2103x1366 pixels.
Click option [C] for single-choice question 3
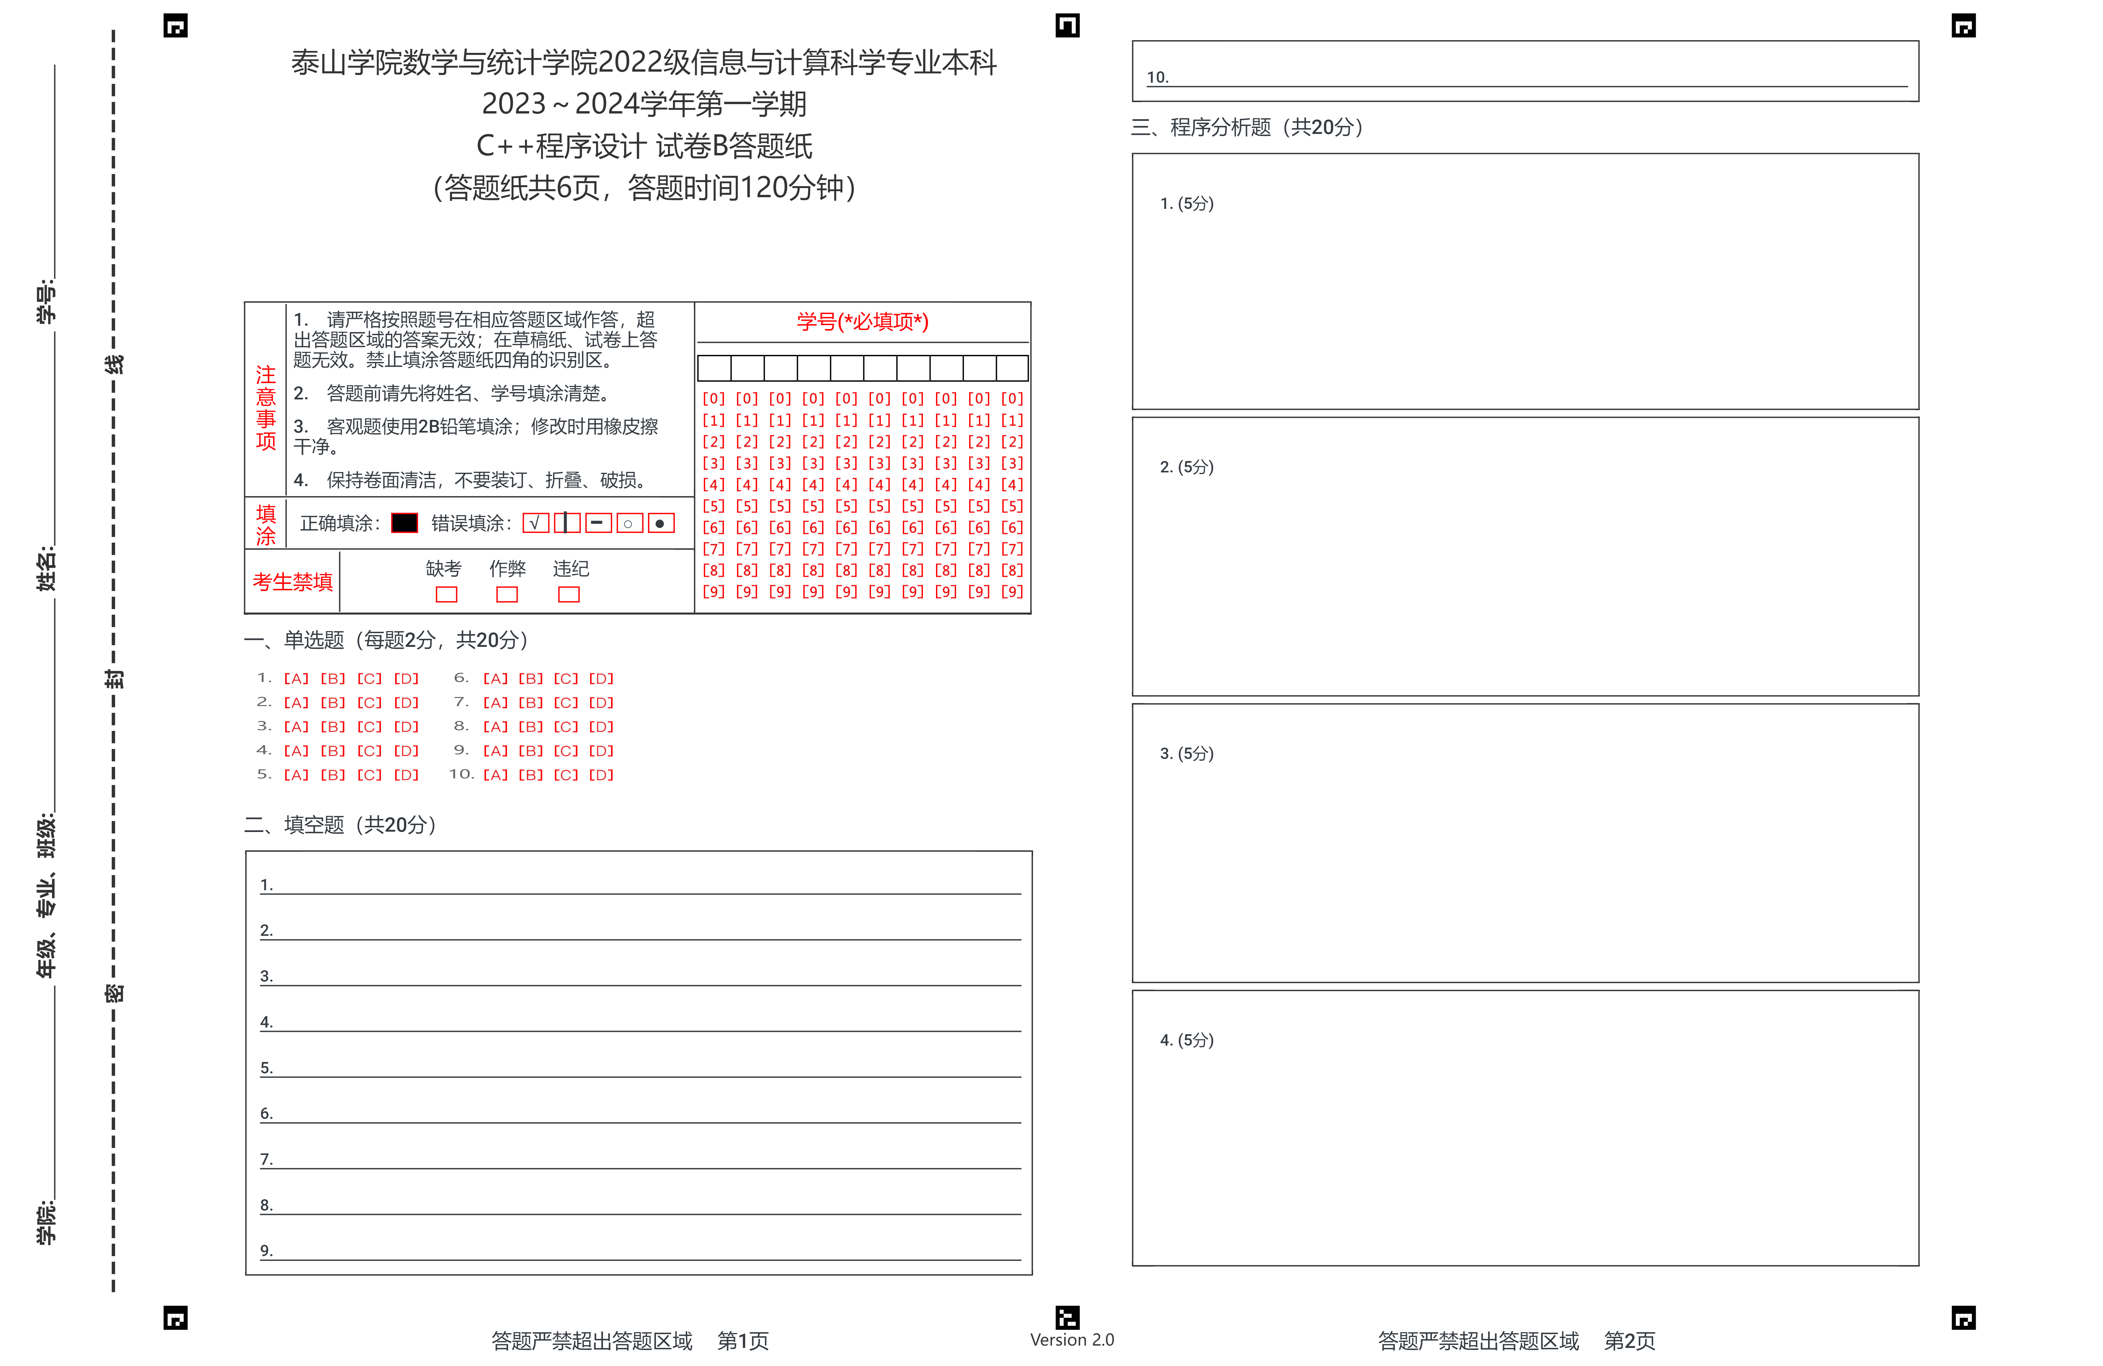[x=369, y=726]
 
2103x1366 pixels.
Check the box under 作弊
[x=507, y=595]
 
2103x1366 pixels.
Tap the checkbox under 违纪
[x=569, y=595]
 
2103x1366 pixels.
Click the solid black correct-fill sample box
[x=405, y=523]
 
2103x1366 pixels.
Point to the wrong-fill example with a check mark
[x=534, y=523]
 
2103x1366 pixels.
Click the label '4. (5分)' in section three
[x=1187, y=1040]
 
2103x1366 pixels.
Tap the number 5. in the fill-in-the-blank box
[x=266, y=1067]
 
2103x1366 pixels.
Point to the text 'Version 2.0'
[x=1072, y=1340]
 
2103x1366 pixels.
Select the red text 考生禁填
[x=292, y=582]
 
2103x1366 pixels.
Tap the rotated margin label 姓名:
[x=46, y=568]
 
